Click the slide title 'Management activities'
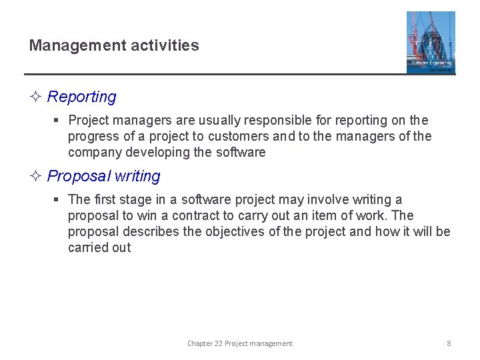(x=114, y=46)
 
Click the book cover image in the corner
(x=431, y=42)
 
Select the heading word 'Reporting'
(x=81, y=97)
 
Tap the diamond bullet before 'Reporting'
(x=36, y=97)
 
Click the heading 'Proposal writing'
(x=104, y=177)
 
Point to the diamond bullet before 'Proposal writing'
(x=36, y=177)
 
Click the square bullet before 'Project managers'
(x=57, y=121)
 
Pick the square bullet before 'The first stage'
(x=57, y=200)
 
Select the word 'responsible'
(x=278, y=121)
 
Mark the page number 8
(x=449, y=343)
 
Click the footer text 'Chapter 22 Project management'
(x=240, y=343)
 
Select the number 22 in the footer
(x=218, y=343)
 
